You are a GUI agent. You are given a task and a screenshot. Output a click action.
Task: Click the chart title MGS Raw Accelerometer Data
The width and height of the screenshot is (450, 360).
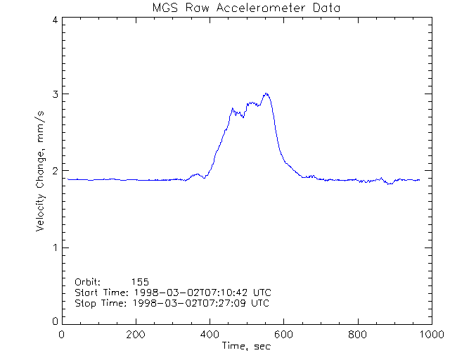click(247, 8)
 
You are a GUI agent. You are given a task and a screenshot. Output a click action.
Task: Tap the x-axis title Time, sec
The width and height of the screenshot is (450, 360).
click(247, 346)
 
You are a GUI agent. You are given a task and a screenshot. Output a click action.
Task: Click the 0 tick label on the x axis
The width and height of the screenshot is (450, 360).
click(62, 335)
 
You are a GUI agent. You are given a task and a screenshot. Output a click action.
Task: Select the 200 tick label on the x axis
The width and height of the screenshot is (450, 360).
click(136, 335)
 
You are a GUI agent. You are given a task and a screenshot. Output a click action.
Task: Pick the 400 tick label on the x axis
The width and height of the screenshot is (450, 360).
click(210, 335)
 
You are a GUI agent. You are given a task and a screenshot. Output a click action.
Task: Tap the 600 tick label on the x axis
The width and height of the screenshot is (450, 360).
click(283, 335)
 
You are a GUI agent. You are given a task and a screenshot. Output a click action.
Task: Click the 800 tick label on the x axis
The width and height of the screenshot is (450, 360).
click(357, 335)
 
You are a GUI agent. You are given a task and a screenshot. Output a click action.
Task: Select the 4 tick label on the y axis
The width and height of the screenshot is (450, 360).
click(54, 20)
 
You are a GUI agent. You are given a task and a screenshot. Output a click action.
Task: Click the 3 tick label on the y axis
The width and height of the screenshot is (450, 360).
click(54, 95)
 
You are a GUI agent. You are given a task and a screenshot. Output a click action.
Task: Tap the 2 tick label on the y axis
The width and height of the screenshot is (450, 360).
click(54, 171)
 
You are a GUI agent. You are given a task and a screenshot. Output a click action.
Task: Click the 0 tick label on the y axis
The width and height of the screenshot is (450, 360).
click(54, 321)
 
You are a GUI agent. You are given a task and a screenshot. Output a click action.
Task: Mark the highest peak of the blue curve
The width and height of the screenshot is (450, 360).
click(266, 93)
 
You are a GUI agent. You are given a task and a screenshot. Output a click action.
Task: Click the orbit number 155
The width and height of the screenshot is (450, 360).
click(149, 281)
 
